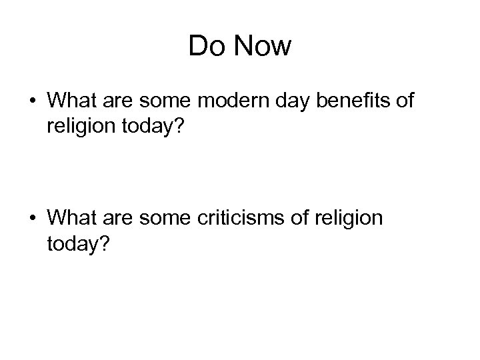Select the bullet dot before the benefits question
click(x=32, y=101)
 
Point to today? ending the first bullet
click(x=155, y=127)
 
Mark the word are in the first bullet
click(x=120, y=101)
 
